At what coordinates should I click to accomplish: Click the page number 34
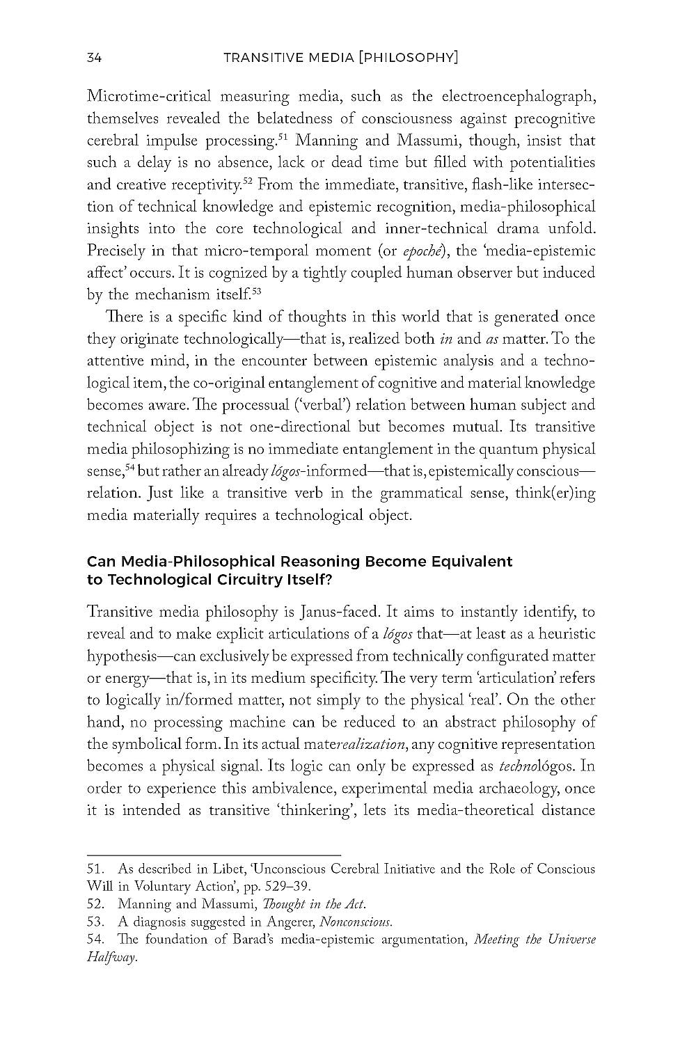tap(95, 58)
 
